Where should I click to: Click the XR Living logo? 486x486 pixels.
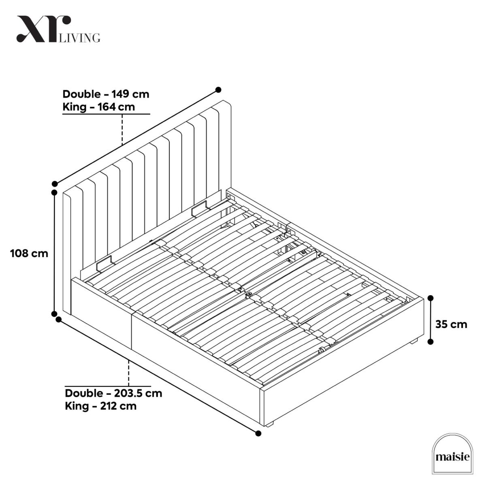coord(58,29)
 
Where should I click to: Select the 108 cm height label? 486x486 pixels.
coord(29,253)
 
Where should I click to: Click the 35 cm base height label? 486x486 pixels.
coord(451,324)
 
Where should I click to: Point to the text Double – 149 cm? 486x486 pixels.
coord(106,94)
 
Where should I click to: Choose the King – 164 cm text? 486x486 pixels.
coord(98,107)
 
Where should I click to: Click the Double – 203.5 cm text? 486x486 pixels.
coord(113,393)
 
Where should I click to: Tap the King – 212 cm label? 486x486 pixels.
coord(100,406)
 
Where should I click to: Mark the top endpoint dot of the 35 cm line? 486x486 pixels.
coord(431,298)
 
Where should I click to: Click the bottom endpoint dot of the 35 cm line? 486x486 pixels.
coord(431,342)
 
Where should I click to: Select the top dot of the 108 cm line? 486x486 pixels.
coord(54,192)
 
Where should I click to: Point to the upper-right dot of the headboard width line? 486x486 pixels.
coord(218,90)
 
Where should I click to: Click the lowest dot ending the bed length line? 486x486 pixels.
coord(258,433)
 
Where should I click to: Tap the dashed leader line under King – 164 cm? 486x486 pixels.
coord(122,130)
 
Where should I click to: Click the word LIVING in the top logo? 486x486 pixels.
coord(79,38)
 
